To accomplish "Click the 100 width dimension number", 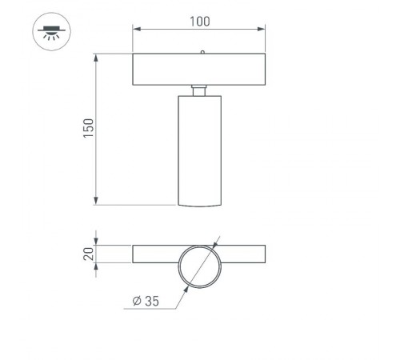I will click(x=199, y=21).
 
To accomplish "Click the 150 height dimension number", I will click(x=88, y=129).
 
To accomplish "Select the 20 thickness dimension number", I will click(x=88, y=254).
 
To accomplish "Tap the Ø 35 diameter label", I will click(x=148, y=301).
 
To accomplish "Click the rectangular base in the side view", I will click(x=199, y=69).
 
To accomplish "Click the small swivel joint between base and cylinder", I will click(x=199, y=90).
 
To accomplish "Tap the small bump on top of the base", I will click(x=202, y=52).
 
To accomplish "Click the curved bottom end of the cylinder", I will click(x=199, y=205).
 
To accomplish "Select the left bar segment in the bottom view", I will click(x=155, y=254).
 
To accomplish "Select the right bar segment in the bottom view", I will click(x=243, y=254).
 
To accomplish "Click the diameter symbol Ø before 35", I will click(x=138, y=301).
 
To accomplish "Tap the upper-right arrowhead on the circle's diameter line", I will click(x=215, y=246).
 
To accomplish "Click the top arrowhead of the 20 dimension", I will click(x=96, y=241).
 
